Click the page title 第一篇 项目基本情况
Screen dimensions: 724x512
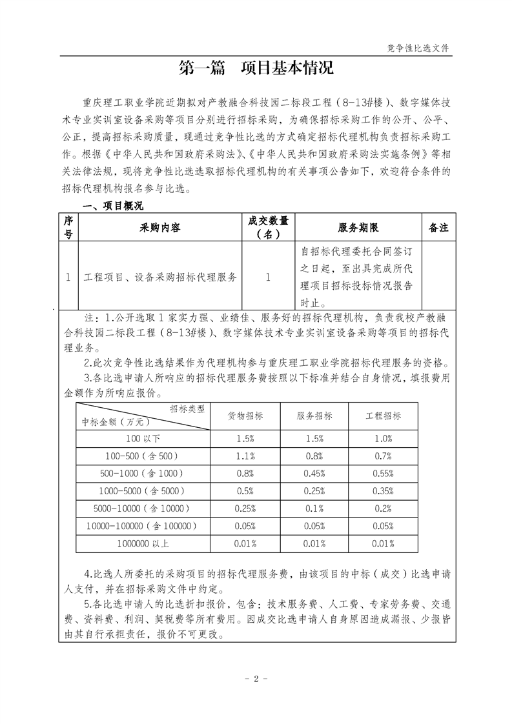click(x=256, y=68)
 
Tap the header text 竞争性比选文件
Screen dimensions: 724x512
click(x=418, y=48)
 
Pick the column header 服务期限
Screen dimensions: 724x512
click(x=358, y=228)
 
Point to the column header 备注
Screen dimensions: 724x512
click(x=438, y=228)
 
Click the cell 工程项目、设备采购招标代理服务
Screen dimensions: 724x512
click(x=161, y=277)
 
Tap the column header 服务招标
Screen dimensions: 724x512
click(x=314, y=416)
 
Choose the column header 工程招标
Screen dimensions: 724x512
click(x=384, y=416)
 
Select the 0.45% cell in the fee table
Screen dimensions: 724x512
click(x=314, y=474)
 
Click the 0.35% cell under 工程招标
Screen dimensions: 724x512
click(x=384, y=491)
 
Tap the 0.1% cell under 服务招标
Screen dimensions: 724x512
click(x=314, y=508)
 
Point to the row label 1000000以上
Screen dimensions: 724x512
click(x=143, y=543)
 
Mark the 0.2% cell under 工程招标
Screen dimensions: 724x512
click(x=384, y=508)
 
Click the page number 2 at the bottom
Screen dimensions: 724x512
click(x=256, y=679)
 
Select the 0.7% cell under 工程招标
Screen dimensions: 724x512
click(x=384, y=456)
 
